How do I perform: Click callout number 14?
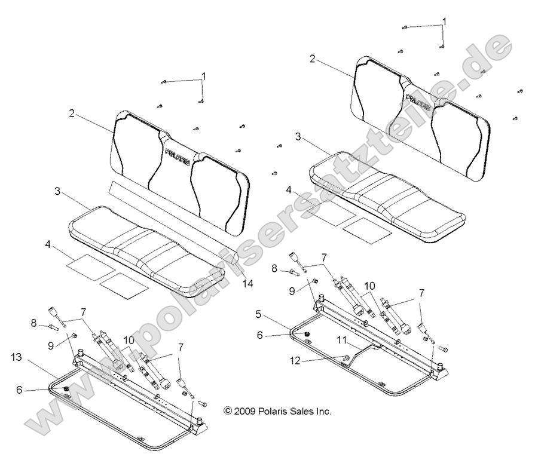(247, 284)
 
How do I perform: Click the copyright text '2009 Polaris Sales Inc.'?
(277, 411)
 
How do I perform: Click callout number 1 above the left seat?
(203, 76)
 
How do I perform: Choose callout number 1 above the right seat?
(444, 21)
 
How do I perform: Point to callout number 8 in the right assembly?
(274, 252)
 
